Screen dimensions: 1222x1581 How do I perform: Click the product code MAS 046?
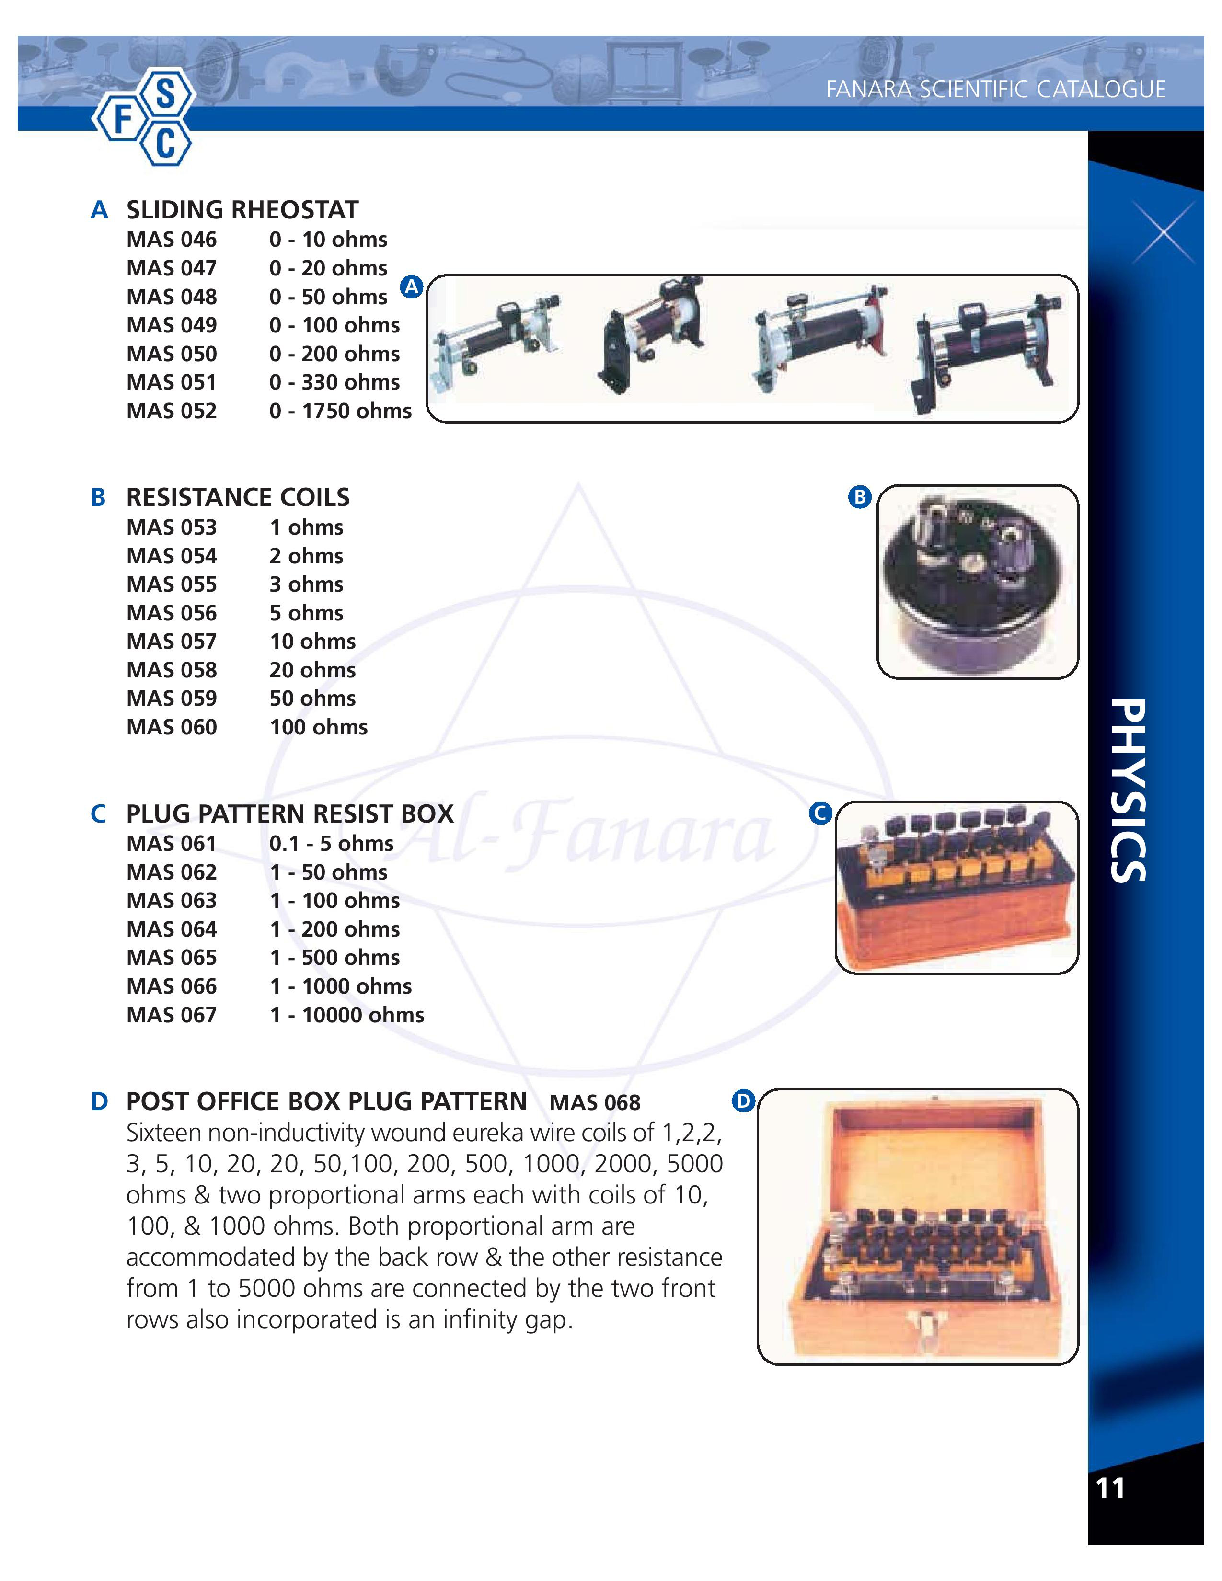(172, 240)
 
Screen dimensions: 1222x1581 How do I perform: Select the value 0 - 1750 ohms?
(340, 411)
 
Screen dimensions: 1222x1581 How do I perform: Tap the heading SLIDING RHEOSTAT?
(242, 210)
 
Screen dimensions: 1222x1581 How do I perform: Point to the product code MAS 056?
(172, 613)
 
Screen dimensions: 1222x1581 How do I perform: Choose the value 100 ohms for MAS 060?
(319, 728)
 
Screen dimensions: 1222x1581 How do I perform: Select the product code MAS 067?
(172, 1015)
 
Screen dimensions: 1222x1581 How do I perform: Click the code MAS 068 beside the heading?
(595, 1102)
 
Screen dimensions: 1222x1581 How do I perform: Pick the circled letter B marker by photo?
(859, 497)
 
